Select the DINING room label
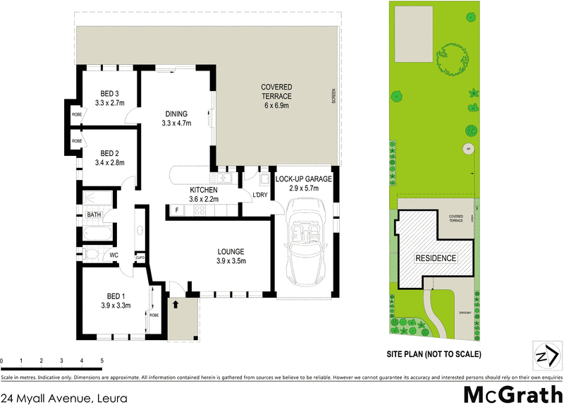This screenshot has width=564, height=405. pos(176,114)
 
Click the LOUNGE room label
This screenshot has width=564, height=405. pos(231,251)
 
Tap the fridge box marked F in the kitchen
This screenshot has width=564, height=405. pos(177,210)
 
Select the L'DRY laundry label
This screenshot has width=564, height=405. pos(259,195)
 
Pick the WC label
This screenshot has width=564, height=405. pos(112,255)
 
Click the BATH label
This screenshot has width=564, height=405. pos(94,214)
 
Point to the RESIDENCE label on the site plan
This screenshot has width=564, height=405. pos(434,258)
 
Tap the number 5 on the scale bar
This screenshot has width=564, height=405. pos(102,361)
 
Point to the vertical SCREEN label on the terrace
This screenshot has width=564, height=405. pos(333,95)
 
